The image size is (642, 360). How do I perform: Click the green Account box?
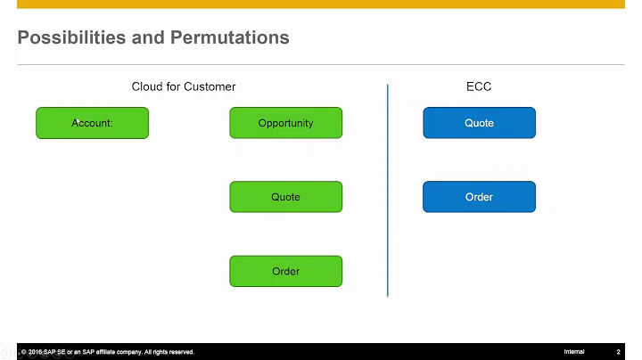tap(92, 123)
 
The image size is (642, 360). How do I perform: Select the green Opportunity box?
tap(285, 123)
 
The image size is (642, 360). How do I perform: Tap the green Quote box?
tap(285, 197)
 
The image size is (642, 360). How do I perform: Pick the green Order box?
tap(285, 271)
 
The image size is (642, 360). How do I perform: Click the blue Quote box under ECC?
tap(479, 123)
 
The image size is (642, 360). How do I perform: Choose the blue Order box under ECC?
tap(479, 197)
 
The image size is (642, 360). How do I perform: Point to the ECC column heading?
tap(479, 86)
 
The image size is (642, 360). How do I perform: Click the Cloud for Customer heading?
tap(184, 86)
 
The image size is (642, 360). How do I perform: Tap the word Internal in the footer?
tap(574, 352)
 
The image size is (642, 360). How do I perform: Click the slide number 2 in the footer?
tap(619, 352)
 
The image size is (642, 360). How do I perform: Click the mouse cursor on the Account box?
tap(77, 120)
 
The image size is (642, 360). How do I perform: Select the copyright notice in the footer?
tap(107, 352)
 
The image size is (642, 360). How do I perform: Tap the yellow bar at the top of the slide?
tap(321, 4)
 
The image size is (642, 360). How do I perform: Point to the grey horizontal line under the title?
tap(321, 64)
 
